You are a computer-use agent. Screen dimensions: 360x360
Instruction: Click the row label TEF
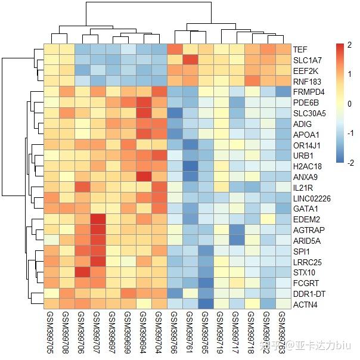(x=300, y=49)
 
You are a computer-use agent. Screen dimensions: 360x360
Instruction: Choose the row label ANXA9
(x=304, y=176)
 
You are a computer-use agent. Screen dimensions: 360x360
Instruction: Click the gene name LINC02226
(x=311, y=197)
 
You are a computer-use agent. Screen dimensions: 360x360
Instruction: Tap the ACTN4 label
(x=304, y=304)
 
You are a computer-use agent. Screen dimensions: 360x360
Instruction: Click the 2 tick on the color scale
(x=350, y=46)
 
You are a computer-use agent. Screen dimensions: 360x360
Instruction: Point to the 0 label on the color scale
(x=350, y=104)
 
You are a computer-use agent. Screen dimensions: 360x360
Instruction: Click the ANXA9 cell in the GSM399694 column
(x=144, y=176)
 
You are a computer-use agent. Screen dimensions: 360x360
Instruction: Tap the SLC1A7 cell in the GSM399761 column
(x=190, y=60)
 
